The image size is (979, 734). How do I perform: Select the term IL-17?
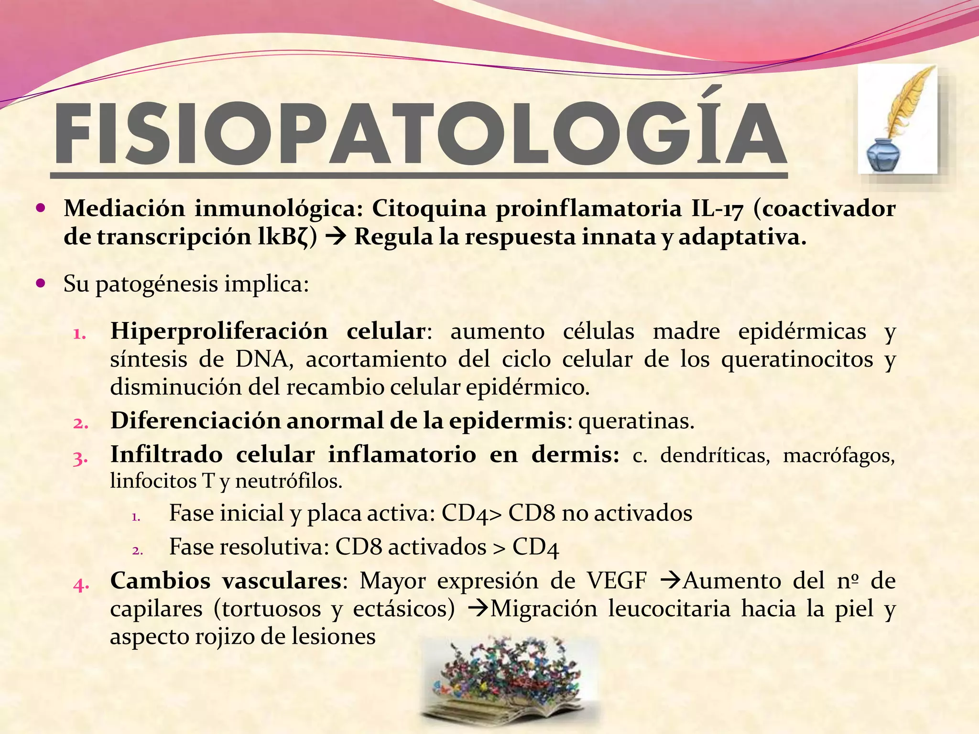click(717, 209)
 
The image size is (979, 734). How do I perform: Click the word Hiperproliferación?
click(219, 331)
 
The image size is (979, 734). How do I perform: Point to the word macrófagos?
click(838, 455)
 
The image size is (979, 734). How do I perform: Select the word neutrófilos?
click(289, 481)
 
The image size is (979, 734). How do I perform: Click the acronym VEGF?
click(617, 581)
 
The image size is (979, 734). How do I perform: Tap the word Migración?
click(544, 609)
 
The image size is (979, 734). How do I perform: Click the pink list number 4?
click(81, 584)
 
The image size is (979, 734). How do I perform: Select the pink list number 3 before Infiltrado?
click(80, 458)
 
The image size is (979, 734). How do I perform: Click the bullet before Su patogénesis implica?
click(41, 283)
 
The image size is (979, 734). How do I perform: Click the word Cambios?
click(160, 581)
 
